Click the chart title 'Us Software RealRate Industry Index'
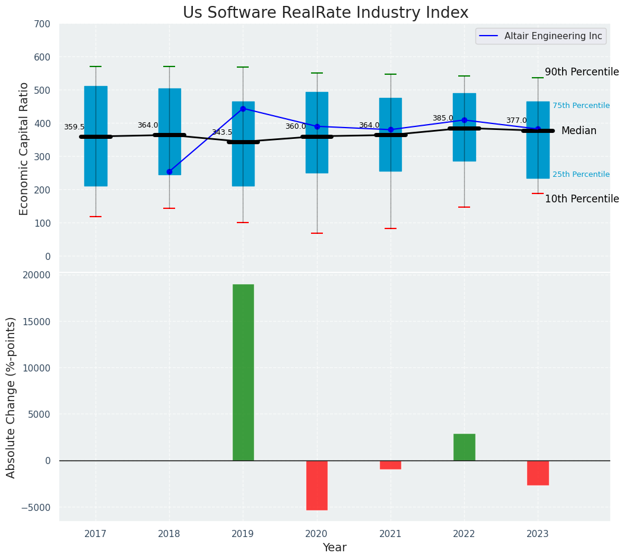325,13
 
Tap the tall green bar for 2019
243,372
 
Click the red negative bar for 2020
317,485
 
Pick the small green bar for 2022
464,447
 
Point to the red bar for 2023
538,472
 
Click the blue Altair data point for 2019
243,109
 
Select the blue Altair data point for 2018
169,171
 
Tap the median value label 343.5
222,132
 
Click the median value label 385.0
443,118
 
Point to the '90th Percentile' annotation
582,72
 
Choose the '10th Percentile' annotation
582,199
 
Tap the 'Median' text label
579,131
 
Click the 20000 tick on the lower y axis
37,275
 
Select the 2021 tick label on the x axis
391,534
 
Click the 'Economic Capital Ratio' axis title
24,148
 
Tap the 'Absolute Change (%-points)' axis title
11,397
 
